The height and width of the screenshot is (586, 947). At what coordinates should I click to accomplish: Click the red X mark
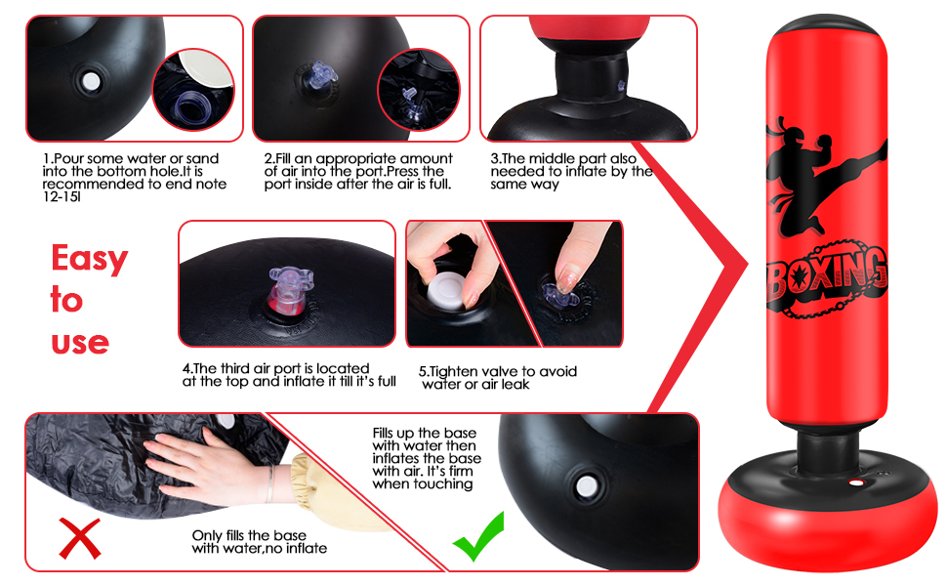pos(80,538)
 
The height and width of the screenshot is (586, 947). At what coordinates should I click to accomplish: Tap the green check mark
pos(478,536)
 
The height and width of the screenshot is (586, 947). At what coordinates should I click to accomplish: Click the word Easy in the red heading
pos(90,259)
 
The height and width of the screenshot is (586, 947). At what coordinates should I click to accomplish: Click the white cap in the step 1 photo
pos(90,82)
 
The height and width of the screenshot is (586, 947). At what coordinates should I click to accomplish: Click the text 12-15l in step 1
pos(62,197)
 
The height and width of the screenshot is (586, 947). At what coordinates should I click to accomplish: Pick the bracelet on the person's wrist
pos(270,483)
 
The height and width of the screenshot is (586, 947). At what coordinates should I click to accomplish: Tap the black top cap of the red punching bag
pos(827,27)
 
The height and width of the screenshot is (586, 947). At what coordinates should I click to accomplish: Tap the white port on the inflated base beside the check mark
pos(586,485)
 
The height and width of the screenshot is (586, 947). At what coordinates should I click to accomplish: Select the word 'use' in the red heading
pos(80,343)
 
